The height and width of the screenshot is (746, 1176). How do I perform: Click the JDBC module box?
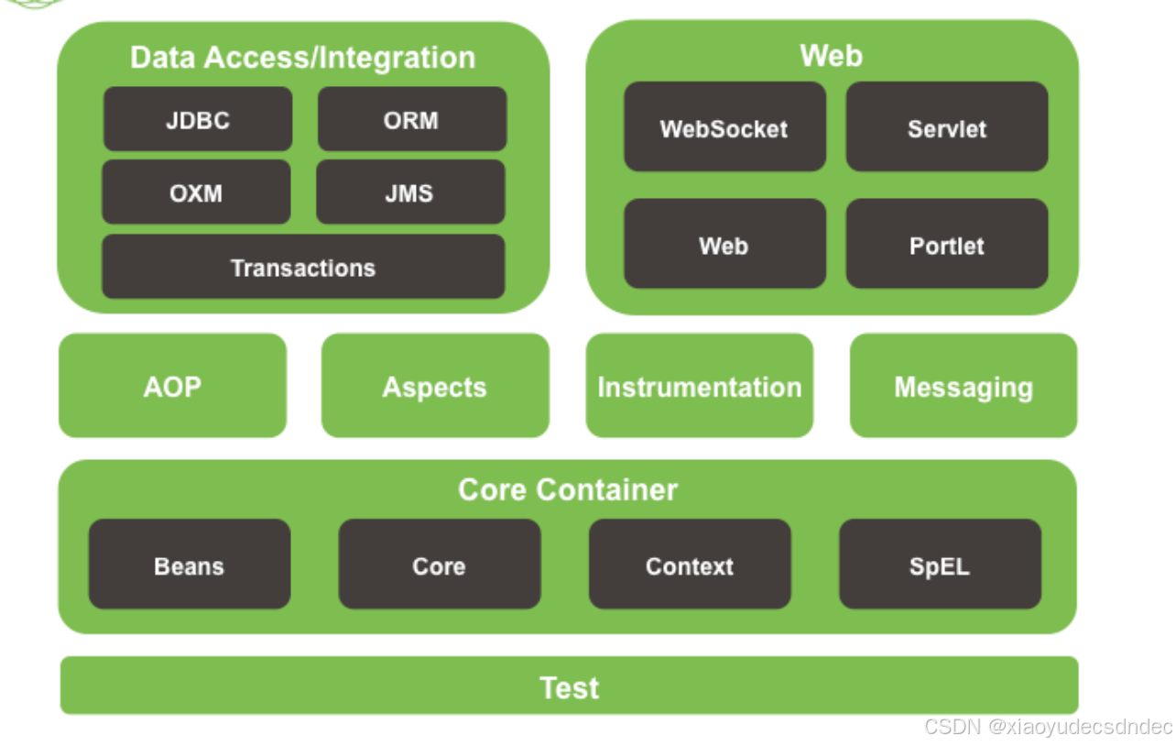tap(198, 119)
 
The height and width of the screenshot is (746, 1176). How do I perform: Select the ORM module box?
tap(411, 119)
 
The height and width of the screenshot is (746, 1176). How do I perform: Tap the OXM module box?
tap(196, 192)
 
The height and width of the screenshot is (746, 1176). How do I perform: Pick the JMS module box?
tap(409, 192)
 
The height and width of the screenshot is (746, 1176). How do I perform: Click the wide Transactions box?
tap(303, 267)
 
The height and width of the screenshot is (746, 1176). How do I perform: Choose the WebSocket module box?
tap(724, 127)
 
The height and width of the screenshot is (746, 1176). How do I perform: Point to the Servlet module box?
tap(946, 127)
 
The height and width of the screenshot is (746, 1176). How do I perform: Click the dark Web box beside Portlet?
tap(724, 245)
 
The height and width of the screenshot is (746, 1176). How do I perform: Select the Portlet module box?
tap(946, 245)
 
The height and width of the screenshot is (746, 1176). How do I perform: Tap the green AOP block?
tap(172, 386)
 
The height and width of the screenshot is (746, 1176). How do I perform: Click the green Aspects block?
tap(435, 386)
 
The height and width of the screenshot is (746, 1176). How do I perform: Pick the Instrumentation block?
tap(699, 386)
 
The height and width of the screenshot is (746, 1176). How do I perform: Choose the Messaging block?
tap(964, 386)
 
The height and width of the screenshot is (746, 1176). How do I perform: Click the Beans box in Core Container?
tap(190, 565)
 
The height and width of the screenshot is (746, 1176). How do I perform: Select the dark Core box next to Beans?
tap(440, 565)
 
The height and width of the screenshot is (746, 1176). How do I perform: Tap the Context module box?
tap(690, 565)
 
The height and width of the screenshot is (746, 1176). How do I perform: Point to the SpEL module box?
tap(940, 565)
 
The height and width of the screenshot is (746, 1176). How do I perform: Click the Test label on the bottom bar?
tap(569, 686)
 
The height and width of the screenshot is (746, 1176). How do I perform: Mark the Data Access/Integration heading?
tap(302, 57)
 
